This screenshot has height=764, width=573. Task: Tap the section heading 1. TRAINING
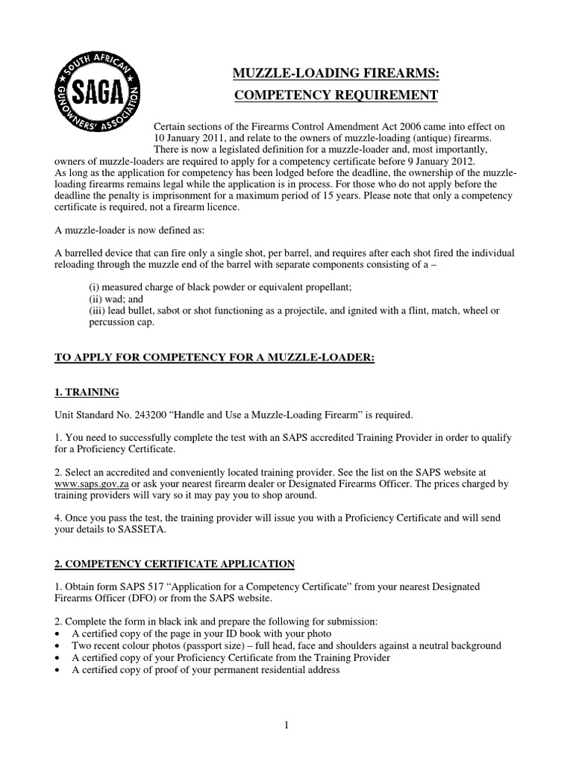87,392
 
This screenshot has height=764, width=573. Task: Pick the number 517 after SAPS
160,587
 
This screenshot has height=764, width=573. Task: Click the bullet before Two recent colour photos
59,646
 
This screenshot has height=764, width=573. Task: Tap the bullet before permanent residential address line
59,670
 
